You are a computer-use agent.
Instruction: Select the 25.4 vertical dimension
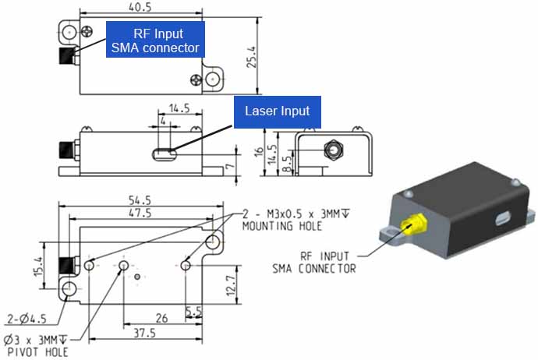point(250,55)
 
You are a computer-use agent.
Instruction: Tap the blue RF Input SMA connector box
point(155,41)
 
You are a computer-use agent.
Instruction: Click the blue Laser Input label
point(278,111)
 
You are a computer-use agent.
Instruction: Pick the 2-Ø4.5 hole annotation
point(27,318)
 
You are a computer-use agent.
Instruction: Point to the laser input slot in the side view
point(163,154)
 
